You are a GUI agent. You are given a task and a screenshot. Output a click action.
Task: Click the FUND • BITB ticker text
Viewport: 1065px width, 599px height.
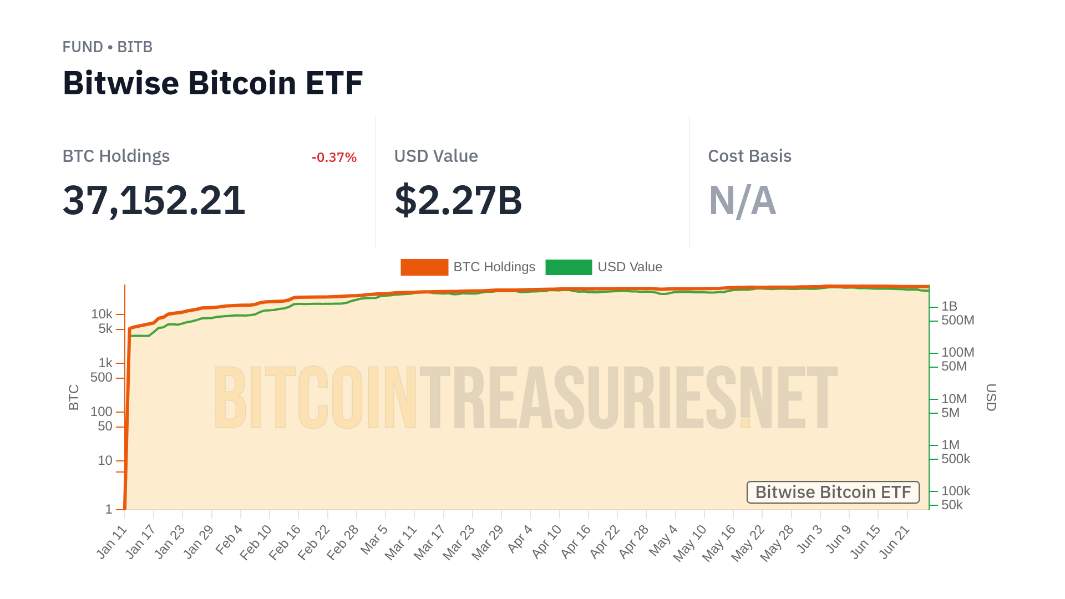click(107, 47)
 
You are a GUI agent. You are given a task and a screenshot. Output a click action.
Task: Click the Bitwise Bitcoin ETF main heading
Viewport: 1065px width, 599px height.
click(212, 83)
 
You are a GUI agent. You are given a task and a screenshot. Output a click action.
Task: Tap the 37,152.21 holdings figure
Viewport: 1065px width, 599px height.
click(154, 200)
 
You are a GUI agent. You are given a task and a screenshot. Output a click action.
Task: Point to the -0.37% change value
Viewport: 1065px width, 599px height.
click(334, 158)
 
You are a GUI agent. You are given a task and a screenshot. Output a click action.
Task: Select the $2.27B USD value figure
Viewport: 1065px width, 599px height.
click(458, 200)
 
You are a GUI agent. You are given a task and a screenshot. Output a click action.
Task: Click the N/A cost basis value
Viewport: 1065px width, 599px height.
click(742, 200)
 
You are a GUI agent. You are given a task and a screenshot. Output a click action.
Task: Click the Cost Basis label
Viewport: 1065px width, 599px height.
click(749, 156)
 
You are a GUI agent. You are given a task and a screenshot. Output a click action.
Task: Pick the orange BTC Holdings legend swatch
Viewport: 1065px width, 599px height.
click(424, 267)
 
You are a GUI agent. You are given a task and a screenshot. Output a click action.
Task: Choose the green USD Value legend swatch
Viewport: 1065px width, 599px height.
click(569, 267)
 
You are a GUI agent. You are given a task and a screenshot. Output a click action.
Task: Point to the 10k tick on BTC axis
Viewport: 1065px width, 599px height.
click(102, 314)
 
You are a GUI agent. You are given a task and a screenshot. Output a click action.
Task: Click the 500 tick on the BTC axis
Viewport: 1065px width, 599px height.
click(102, 378)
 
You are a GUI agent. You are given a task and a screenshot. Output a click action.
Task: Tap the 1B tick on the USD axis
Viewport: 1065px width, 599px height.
click(949, 306)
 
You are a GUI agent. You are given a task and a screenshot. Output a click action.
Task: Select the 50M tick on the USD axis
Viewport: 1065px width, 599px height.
click(954, 367)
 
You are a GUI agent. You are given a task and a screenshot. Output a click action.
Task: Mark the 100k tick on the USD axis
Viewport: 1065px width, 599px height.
click(955, 491)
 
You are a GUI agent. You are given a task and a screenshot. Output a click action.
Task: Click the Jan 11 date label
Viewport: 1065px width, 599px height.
click(113, 542)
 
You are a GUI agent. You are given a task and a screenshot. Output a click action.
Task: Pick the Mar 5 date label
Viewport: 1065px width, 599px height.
click(374, 539)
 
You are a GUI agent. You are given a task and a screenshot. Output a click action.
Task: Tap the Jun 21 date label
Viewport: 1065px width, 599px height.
click(895, 542)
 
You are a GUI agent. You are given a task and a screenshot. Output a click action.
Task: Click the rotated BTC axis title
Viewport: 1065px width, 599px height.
click(74, 397)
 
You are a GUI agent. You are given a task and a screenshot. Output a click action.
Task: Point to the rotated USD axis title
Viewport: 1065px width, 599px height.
click(991, 397)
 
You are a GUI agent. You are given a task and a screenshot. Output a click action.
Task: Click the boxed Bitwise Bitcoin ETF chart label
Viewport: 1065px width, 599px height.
click(833, 493)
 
